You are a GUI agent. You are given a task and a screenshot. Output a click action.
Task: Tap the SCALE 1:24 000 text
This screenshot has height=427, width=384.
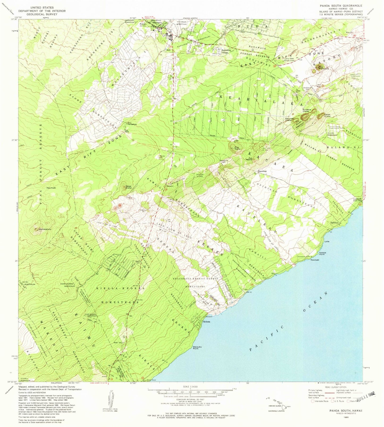coord(190,387)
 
